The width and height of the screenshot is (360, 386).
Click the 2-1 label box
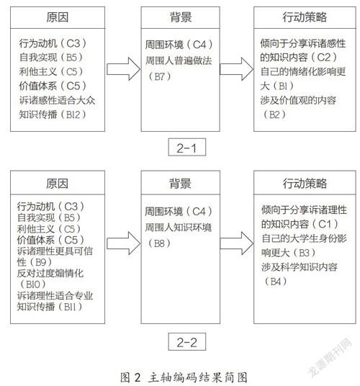coord(186,147)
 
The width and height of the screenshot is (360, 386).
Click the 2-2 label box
coord(186,341)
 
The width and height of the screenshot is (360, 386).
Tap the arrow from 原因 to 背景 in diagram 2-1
coord(123,69)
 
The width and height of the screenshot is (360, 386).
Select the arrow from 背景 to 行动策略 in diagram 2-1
coord(236,69)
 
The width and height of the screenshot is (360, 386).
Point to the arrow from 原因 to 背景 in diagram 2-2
coord(123,243)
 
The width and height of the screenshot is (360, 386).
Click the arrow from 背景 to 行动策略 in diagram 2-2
coord(236,243)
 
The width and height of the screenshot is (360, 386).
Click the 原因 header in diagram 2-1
coord(58,17)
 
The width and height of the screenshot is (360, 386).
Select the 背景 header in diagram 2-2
coord(181,183)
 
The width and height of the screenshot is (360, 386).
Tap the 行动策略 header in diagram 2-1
coord(305,17)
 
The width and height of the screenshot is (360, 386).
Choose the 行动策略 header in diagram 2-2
coord(305,183)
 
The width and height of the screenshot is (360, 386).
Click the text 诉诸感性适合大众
coord(57,100)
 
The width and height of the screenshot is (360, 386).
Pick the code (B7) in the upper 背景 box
coord(159,76)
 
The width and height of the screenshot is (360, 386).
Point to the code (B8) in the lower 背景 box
coord(159,243)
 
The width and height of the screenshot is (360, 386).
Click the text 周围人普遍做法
coord(179,60)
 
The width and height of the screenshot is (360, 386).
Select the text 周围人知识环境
coord(178,228)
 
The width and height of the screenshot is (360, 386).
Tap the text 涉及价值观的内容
coord(298,100)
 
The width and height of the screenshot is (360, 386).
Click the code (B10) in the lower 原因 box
coord(33,284)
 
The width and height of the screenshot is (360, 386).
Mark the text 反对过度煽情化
coord(50,273)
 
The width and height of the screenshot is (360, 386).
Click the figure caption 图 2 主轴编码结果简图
coord(184,377)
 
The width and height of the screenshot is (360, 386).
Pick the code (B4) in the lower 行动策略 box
coord(275,281)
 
